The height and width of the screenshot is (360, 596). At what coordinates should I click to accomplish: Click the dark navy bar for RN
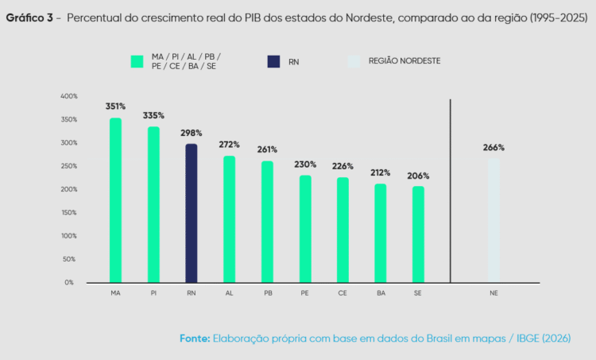click(191, 213)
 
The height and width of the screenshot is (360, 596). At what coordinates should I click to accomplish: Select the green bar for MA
click(115, 200)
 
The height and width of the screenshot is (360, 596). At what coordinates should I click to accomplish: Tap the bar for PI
click(153, 204)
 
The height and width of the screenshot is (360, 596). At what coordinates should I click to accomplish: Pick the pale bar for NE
click(493, 220)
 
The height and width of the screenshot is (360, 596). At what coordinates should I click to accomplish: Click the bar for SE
click(418, 234)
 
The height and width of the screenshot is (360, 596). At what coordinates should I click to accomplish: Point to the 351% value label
click(115, 106)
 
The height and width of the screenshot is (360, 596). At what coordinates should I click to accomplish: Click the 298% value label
click(191, 133)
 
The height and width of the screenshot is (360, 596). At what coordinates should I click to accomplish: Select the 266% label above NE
click(493, 148)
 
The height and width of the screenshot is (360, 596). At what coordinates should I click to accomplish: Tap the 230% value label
click(305, 165)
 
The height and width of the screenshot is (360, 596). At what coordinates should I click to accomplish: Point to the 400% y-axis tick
click(68, 96)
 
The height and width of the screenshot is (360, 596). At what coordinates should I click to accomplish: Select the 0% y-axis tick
click(69, 282)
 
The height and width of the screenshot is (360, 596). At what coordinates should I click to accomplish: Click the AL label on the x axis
click(229, 293)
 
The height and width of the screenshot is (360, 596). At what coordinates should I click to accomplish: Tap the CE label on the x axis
click(343, 293)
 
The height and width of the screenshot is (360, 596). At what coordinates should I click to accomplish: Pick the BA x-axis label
click(381, 293)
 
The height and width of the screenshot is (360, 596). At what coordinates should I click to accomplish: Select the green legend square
click(137, 60)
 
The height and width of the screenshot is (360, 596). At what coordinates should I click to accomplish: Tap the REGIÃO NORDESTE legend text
click(404, 60)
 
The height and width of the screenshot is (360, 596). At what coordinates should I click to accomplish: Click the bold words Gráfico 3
click(29, 18)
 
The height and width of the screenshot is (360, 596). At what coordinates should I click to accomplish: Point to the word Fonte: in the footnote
click(194, 338)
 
